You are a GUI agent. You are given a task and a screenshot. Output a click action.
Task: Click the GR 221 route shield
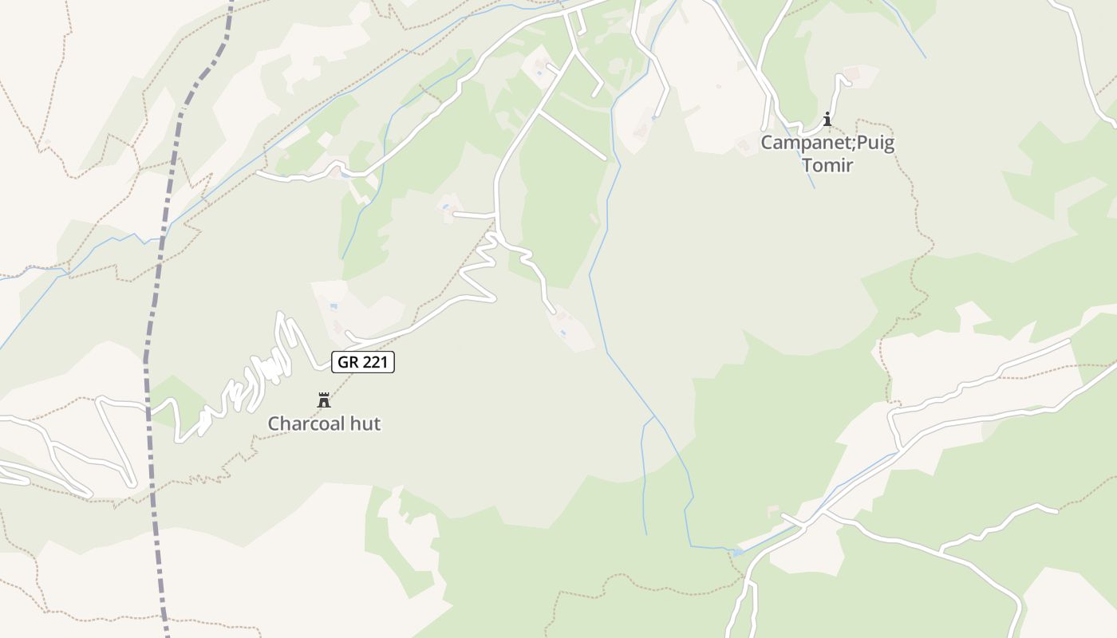coord(363,362)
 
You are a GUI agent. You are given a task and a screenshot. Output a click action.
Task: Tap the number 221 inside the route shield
coord(374,362)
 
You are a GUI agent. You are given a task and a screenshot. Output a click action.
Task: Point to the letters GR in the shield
coord(347,362)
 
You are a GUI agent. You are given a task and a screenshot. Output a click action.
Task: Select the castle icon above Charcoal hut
coord(324,400)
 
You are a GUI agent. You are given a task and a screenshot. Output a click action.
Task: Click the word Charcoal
coord(307,423)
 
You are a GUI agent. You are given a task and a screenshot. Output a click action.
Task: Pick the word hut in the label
coord(366,423)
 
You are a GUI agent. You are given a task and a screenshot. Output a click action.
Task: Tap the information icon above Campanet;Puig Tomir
coord(827,120)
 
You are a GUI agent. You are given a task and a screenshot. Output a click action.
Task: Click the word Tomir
coord(827,165)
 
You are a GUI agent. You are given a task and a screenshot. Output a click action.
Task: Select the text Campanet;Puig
coord(827,144)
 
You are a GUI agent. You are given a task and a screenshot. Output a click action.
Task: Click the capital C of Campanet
coord(768,144)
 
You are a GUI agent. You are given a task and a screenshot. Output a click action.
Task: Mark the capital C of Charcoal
coord(274,423)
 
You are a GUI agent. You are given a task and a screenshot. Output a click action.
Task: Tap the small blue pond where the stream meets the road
coord(737,551)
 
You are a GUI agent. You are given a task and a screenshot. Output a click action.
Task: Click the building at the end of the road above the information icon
coord(853,73)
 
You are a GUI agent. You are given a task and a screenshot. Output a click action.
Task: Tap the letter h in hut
coord(356,423)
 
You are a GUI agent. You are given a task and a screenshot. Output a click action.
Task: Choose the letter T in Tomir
coord(807,165)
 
